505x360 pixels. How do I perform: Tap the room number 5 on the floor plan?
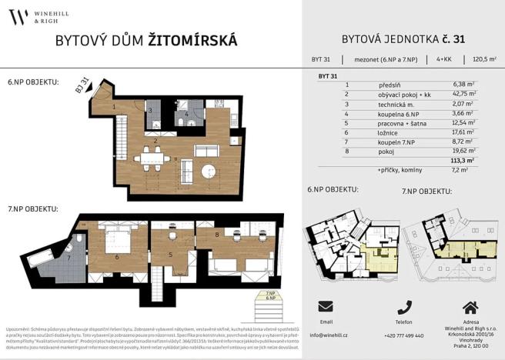[x=171, y=254]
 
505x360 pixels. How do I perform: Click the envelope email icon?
[x=326, y=306]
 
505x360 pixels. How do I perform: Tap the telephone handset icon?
[x=403, y=306]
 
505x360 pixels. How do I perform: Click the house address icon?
[x=470, y=306]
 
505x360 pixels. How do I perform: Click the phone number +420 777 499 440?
[x=403, y=335]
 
